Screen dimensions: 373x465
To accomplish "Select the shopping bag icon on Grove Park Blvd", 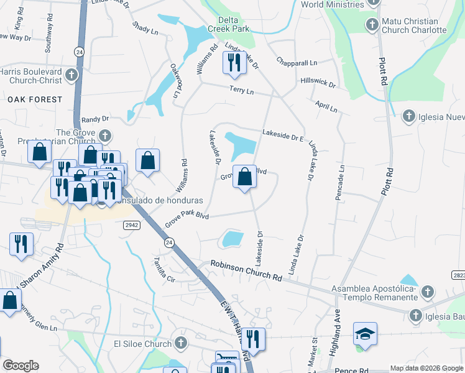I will click(245, 177).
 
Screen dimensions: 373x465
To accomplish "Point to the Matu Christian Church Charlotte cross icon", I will click(372, 25).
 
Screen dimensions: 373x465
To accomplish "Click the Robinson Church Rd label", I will click(246, 269).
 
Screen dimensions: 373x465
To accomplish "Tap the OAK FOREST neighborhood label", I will click(35, 99).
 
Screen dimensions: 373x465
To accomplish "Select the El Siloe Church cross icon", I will click(180, 343).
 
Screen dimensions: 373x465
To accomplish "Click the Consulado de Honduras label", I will click(150, 201).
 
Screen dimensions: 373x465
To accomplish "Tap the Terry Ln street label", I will click(242, 91).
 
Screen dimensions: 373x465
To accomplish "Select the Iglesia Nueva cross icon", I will click(409, 116).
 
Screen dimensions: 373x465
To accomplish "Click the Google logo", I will click(21, 366).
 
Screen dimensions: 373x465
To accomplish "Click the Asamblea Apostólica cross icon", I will click(427, 291).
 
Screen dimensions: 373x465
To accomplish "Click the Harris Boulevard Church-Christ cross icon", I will click(71, 76).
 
